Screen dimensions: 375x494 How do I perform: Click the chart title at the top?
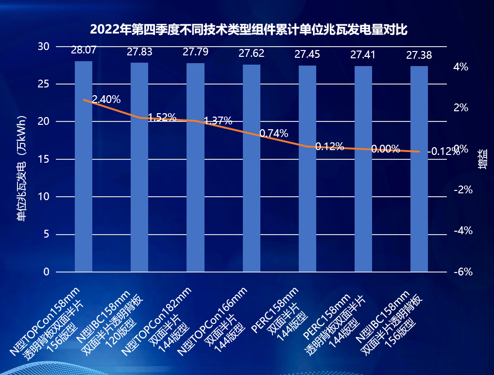click(x=248, y=29)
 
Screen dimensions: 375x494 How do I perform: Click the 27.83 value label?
click(x=139, y=52)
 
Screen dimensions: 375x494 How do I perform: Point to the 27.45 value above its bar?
click(x=307, y=54)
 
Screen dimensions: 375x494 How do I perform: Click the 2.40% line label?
click(x=106, y=100)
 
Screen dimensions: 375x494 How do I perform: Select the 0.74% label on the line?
click(x=274, y=133)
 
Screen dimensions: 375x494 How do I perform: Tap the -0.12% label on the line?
click(x=443, y=151)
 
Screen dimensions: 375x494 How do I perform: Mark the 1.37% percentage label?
click(x=218, y=121)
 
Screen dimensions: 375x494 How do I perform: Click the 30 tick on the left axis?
click(x=44, y=47)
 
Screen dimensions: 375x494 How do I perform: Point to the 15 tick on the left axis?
click(x=44, y=159)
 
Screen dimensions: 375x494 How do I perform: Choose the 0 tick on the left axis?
click(x=46, y=272)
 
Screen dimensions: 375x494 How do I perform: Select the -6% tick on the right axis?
click(x=462, y=272)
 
